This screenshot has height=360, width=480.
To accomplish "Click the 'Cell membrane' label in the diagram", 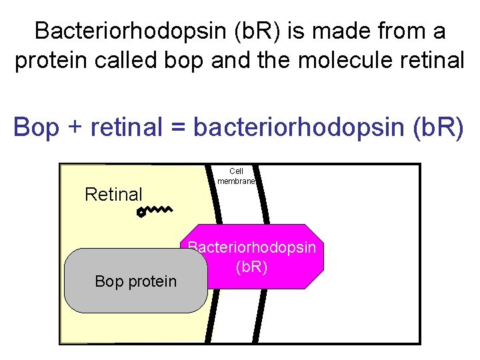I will click(236, 175).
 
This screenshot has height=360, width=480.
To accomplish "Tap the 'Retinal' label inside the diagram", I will click(113, 195).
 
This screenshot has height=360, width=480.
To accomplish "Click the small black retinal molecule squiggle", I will click(154, 211).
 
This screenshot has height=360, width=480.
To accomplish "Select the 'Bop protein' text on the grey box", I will click(136, 281).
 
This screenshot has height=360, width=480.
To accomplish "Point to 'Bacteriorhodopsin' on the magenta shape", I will click(252, 247).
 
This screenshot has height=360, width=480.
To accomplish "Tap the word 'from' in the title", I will click(397, 31).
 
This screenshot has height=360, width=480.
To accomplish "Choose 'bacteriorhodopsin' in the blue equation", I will click(288, 127).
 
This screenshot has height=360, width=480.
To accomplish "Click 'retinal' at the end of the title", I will click(430, 60).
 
